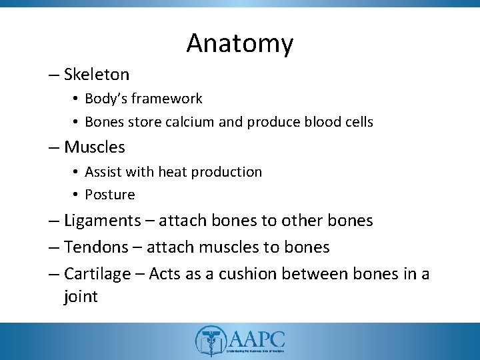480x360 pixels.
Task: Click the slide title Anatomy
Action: (x=240, y=43)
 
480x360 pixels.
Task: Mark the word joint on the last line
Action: (x=81, y=297)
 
